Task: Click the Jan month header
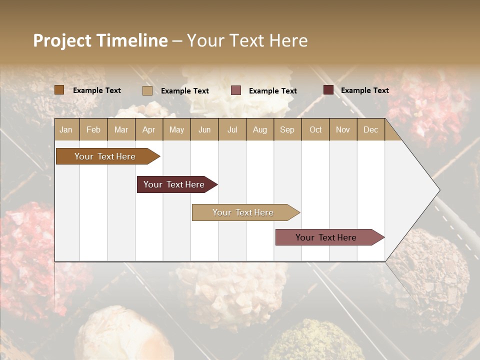pos(66,129)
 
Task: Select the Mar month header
pos(121,129)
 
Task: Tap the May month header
pos(176,129)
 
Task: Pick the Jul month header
pos(232,129)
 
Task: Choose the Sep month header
pos(287,129)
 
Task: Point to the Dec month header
pos(370,129)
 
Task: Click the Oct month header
pos(315,129)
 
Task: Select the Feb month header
pos(93,129)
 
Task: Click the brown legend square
pos(59,90)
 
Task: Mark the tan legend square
pos(147,90)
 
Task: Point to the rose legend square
pos(236,90)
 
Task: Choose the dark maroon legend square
pos(328,90)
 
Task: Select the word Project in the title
pos(62,40)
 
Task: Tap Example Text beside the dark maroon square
pos(364,90)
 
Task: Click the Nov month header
pos(343,129)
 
